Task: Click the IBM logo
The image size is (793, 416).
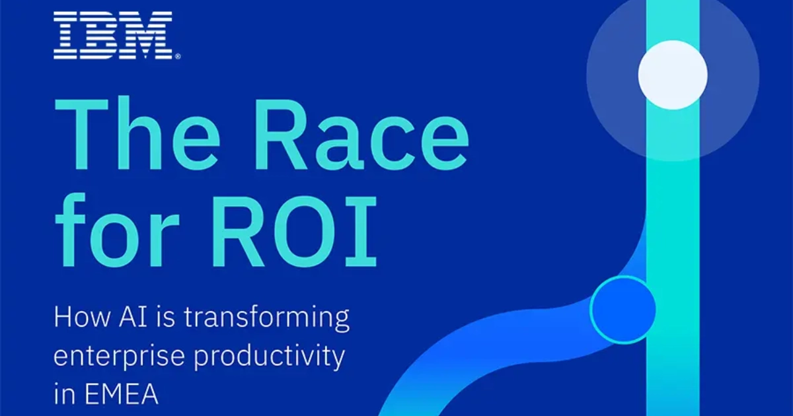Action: coord(113,35)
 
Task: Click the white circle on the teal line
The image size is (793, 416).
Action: coord(673,75)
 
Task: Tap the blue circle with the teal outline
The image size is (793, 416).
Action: coord(623,309)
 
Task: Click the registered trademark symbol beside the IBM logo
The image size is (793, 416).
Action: coord(176,57)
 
